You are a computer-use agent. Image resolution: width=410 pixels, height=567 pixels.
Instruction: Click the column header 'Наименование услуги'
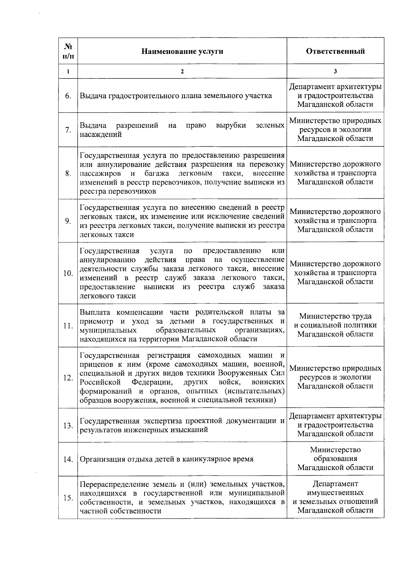182,51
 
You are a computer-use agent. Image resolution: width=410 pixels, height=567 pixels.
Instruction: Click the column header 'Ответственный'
335,51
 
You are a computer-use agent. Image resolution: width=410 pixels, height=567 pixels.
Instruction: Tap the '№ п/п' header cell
68,51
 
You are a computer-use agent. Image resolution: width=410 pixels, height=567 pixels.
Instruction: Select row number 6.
68,96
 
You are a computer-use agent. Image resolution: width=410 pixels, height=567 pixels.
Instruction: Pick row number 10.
68,273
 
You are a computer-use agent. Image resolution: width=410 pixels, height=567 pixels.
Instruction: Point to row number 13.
68,425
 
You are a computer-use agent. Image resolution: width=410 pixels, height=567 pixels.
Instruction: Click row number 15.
68,498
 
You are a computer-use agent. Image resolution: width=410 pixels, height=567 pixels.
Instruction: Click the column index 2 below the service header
182,71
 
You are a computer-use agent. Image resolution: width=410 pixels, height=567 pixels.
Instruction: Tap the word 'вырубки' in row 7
231,125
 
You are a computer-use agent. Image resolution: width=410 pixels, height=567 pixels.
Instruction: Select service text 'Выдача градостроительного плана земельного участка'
176,96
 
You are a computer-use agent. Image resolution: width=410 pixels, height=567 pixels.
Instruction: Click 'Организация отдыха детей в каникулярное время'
166,459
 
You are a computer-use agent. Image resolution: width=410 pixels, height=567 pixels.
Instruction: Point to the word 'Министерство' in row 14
335,450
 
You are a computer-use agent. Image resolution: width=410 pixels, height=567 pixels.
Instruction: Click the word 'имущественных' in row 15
335,493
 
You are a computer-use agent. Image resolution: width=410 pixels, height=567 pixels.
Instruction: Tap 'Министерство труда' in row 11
335,316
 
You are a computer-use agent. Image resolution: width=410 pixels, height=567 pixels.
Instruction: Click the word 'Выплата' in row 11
93,312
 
